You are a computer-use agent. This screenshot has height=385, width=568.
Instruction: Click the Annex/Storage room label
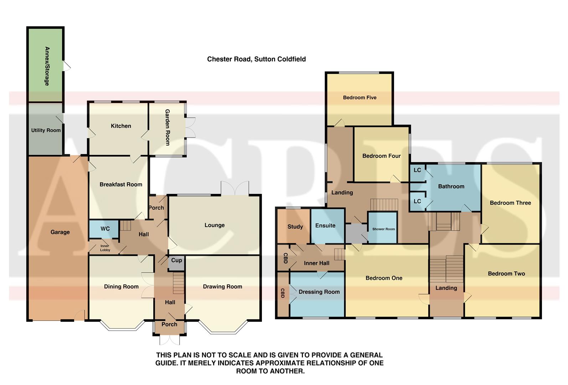tap(47, 66)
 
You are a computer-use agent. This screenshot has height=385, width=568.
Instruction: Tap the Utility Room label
tap(46, 130)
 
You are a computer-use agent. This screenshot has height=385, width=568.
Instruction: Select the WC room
tap(105, 229)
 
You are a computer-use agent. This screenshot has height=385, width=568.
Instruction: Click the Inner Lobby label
tap(105, 248)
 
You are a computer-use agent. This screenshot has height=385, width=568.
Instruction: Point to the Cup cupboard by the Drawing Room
tap(176, 261)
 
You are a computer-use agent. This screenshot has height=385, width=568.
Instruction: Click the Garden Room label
tap(167, 127)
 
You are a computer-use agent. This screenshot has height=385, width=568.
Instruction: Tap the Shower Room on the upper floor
tap(383, 229)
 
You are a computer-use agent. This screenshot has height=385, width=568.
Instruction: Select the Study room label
tap(295, 227)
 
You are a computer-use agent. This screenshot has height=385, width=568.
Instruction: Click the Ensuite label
tap(325, 226)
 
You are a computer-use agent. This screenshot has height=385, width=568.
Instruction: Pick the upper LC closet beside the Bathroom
tap(417, 170)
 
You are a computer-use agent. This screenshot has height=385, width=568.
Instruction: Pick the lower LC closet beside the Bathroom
tap(417, 201)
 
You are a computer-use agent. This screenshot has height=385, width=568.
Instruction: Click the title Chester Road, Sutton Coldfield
tap(256, 59)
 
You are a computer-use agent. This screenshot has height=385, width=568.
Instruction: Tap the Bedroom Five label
tap(360, 98)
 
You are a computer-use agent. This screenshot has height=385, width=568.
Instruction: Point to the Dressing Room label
tap(319, 292)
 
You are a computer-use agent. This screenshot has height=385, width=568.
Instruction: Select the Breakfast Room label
tap(121, 185)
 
